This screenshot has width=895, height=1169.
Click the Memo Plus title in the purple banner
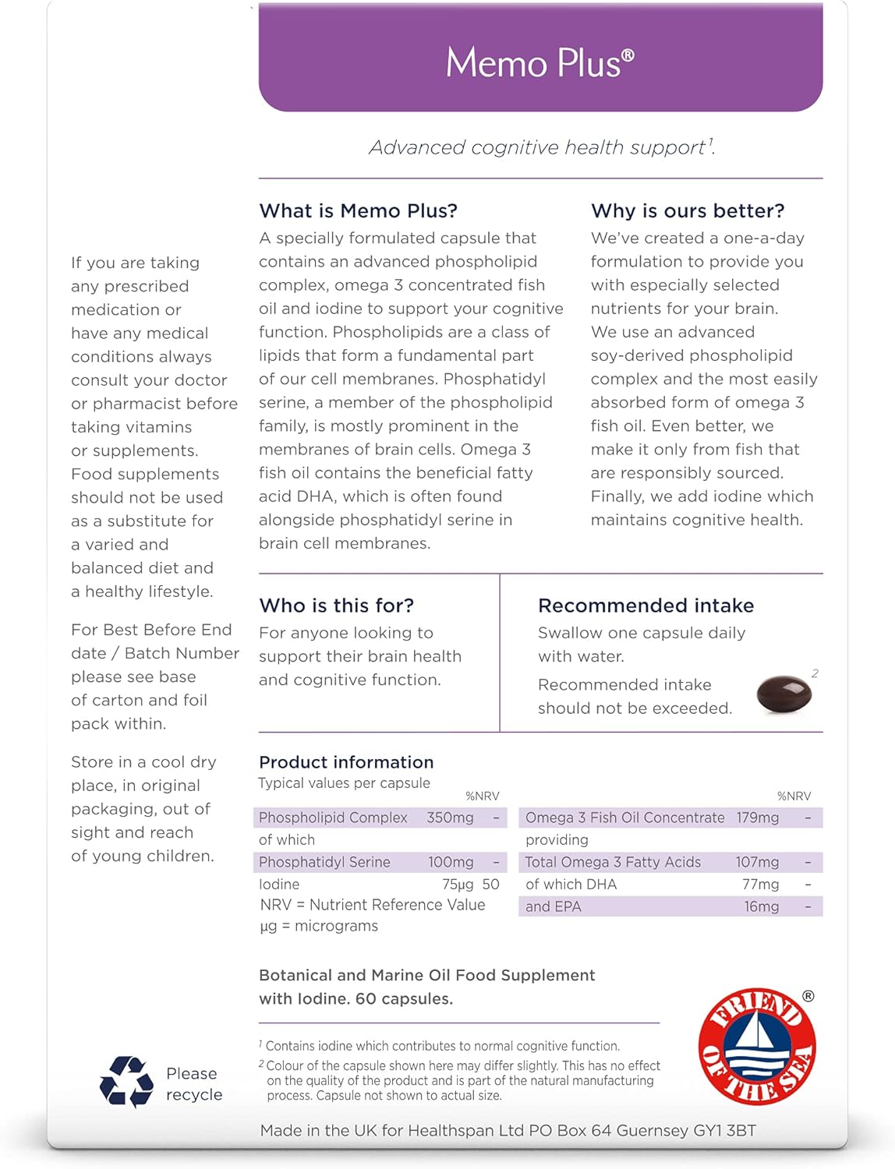point(539,62)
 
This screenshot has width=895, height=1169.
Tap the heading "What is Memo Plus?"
point(358,210)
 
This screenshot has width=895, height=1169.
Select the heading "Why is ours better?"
point(688,210)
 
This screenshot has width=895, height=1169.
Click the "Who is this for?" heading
point(336,606)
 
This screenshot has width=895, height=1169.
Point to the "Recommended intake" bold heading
point(646,606)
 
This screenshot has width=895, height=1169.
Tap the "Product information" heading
point(346,762)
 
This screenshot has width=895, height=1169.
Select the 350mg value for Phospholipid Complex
point(450,818)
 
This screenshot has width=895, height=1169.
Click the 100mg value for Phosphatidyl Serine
point(451,862)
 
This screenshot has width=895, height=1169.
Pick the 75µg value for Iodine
point(458,885)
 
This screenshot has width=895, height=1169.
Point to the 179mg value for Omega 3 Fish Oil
point(758,818)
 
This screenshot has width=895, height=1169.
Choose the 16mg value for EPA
point(761,906)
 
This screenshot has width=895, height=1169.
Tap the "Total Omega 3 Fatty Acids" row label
point(613,862)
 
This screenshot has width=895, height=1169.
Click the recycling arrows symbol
point(126,1082)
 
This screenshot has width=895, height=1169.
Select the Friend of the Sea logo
point(757,1046)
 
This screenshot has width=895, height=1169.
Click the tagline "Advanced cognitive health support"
point(538,147)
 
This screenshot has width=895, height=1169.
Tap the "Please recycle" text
point(194,1084)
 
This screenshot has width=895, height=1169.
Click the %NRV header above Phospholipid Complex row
point(482,796)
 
